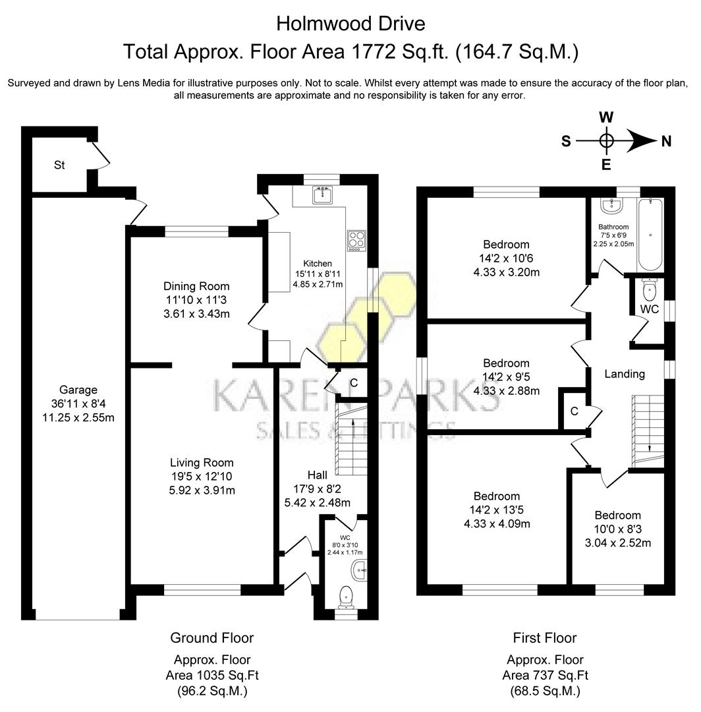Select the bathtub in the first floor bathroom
(x=650, y=236)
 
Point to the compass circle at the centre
(x=607, y=140)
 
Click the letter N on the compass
(x=666, y=140)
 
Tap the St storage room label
(x=59, y=165)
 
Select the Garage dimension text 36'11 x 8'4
(x=78, y=403)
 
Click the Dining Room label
(x=196, y=286)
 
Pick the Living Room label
(x=202, y=463)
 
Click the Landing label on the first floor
(x=625, y=374)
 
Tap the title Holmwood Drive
(x=350, y=24)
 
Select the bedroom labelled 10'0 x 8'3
(x=617, y=529)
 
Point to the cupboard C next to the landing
(x=574, y=411)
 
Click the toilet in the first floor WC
(x=650, y=289)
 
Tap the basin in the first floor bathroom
(x=612, y=207)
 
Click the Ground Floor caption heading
(x=211, y=638)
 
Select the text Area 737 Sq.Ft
(x=545, y=674)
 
